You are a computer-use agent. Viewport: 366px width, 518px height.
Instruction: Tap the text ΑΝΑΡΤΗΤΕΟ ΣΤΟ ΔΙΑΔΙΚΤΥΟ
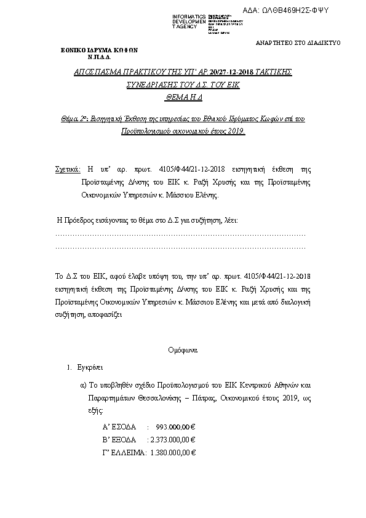(298, 43)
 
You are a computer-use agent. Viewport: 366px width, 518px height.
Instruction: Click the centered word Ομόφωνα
(183, 350)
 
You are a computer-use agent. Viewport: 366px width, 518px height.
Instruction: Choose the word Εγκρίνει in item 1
(89, 367)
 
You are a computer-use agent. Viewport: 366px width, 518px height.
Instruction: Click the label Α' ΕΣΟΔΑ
(119, 426)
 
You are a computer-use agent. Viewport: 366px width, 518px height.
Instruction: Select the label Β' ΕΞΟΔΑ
(119, 439)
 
